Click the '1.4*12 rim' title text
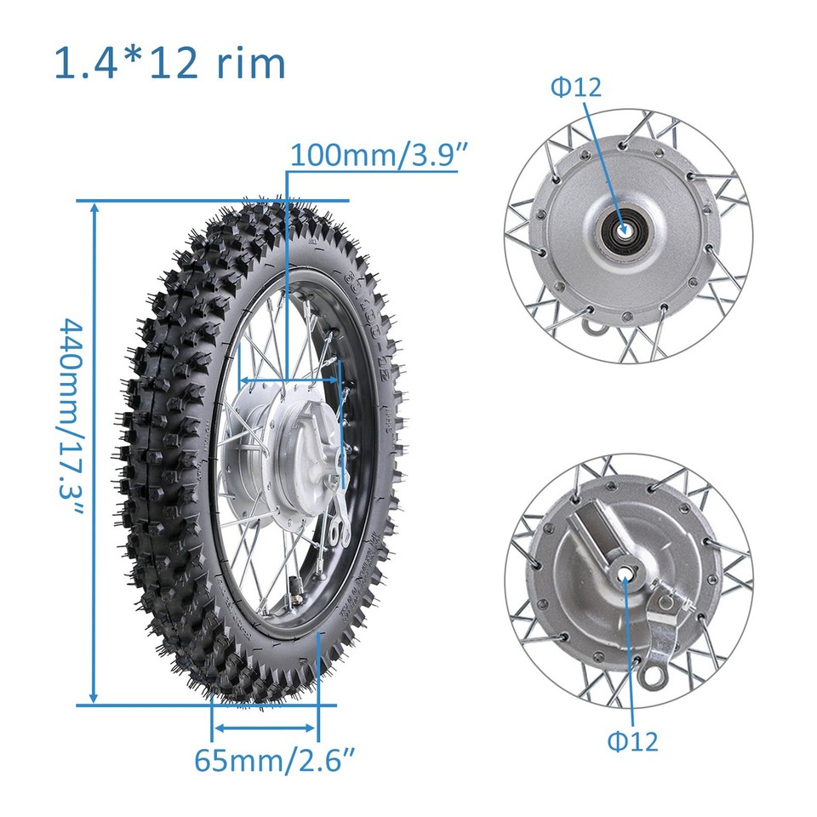point(169,64)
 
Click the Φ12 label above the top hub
point(575,87)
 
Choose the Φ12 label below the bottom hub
point(632,740)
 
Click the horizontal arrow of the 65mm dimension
point(265,728)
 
